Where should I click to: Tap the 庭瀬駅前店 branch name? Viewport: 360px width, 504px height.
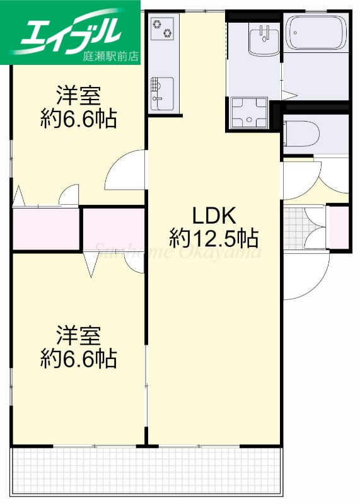pos(110,56)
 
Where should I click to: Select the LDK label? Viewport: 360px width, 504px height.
pos(214,215)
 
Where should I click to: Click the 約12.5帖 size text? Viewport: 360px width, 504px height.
pos(214,238)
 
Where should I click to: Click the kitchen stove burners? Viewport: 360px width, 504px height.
pos(163,28)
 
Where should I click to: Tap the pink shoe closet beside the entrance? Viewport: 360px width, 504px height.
pos(338,227)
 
